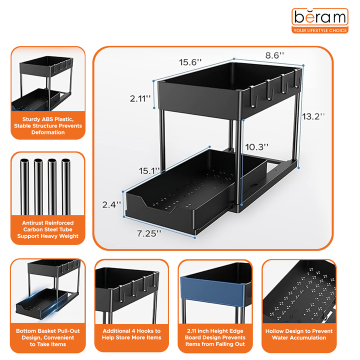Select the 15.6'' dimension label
coord(190,62)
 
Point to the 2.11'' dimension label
coord(140,98)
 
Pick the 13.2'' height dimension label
coord(313,115)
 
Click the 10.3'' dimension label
coord(257,147)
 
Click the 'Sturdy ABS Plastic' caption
coord(48,125)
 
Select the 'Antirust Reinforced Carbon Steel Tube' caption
coord(48,229)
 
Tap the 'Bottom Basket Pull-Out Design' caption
coord(48,337)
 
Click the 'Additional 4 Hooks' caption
coord(131,334)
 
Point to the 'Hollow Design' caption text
coord(298,334)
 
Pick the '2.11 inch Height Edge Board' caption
coord(215,337)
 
